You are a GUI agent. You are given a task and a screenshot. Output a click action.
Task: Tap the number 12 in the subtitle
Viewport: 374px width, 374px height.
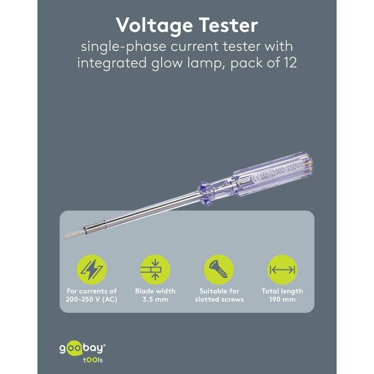tap(290, 63)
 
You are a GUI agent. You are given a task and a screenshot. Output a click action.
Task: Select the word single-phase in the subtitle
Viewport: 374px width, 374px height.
tap(123, 47)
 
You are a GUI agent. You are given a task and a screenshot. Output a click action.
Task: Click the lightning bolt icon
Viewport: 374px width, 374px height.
tap(92, 270)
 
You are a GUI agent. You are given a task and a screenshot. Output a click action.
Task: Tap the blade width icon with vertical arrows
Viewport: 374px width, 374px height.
tap(155, 270)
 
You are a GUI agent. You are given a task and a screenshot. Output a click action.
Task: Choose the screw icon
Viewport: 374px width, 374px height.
tap(219, 270)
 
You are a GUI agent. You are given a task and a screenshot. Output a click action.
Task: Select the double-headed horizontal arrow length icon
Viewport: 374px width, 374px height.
tap(282, 270)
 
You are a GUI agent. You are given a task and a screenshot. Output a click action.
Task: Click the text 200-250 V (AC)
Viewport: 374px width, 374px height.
tap(92, 300)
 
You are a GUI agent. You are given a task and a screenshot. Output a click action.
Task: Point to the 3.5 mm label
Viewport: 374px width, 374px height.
tap(155, 299)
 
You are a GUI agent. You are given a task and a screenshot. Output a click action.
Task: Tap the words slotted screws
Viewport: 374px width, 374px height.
tap(219, 299)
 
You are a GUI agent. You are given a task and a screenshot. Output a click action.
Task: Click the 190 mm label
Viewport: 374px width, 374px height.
tap(282, 299)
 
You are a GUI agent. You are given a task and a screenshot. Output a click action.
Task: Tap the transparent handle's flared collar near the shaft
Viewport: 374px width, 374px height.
tap(205, 193)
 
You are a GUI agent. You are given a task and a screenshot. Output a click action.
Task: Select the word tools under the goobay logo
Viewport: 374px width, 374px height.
tap(93, 360)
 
